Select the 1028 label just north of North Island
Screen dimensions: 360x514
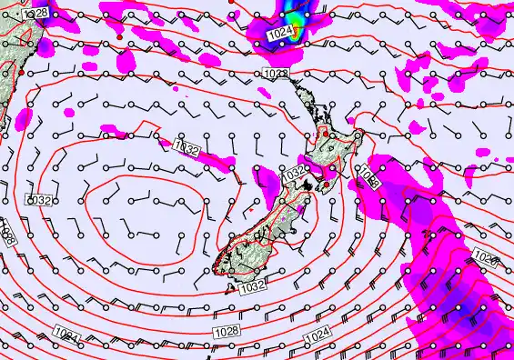pyautogui.click(x=275, y=73)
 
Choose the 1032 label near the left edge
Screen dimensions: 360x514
pyautogui.click(x=40, y=199)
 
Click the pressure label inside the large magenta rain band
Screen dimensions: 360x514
pyautogui.click(x=488, y=259)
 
